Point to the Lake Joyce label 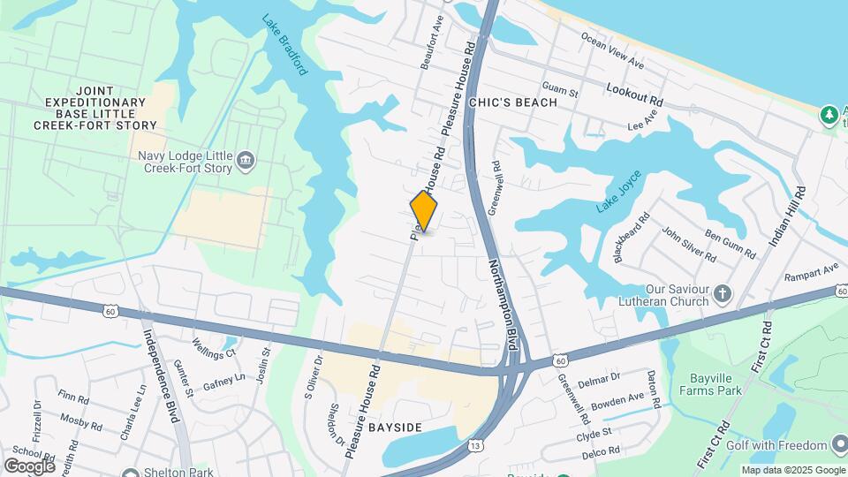(616, 194)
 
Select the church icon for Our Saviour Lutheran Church (723, 292)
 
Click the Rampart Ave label (811, 272)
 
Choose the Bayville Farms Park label (716, 385)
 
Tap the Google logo (29, 466)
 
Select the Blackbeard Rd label (631, 236)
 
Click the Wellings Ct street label (215, 348)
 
